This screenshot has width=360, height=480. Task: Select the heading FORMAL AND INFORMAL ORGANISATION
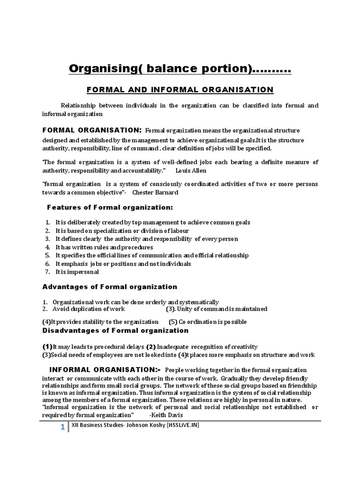click(180, 89)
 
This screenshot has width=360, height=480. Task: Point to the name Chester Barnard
click(155, 192)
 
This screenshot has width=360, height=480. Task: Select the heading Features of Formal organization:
click(110, 207)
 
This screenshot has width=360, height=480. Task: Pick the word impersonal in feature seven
click(83, 272)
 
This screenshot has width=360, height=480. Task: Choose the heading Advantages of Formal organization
click(110, 286)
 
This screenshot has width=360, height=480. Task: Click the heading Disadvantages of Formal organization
click(115, 330)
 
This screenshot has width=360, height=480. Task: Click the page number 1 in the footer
click(62, 427)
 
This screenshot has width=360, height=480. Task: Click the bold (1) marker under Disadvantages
click(47, 346)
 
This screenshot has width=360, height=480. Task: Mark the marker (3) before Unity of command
click(171, 309)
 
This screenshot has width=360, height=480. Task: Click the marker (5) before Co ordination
click(173, 322)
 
